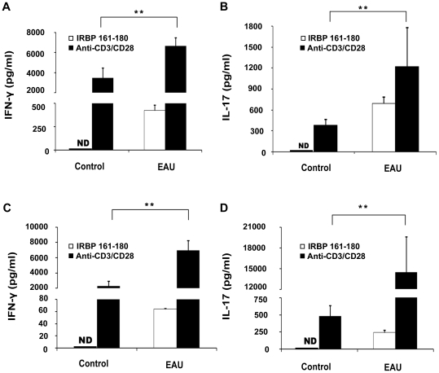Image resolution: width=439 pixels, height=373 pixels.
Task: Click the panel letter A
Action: [7, 8]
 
